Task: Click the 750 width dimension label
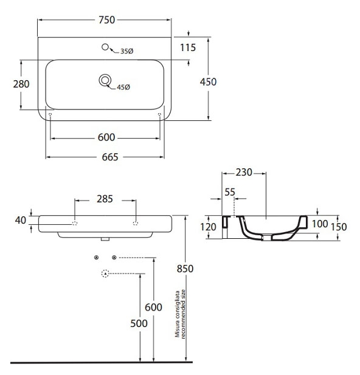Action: [x=107, y=20]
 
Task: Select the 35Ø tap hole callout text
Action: [x=126, y=51]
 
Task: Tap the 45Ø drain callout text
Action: [x=123, y=88]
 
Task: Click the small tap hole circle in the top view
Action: [x=105, y=47]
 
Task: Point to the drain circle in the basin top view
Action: [x=105, y=80]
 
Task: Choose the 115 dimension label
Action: [x=188, y=47]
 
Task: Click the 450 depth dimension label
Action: [x=208, y=82]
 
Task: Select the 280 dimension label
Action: [x=21, y=84]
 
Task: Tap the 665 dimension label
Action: [x=110, y=157]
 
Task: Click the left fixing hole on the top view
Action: [x=50, y=114]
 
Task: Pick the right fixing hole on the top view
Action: [x=160, y=114]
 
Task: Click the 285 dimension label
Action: [x=105, y=199]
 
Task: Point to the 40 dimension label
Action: [x=20, y=220]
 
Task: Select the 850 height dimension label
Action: [x=185, y=269]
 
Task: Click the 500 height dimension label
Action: [x=139, y=323]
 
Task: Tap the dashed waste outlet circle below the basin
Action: [x=105, y=274]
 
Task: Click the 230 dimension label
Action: [x=244, y=173]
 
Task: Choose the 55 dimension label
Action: [x=230, y=192]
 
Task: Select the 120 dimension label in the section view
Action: [x=208, y=227]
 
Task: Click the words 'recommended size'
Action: [x=183, y=314]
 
